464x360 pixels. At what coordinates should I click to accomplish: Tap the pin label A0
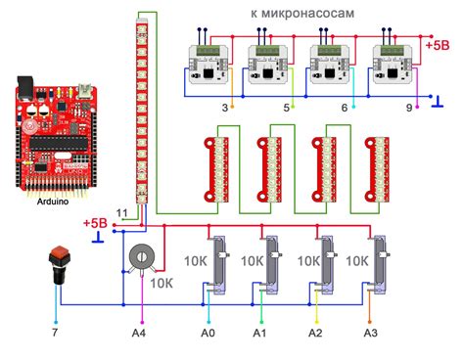tap(207, 334)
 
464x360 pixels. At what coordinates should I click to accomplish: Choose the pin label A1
tap(260, 334)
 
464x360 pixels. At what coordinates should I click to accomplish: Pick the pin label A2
tap(315, 334)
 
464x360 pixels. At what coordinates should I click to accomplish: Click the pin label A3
tap(369, 334)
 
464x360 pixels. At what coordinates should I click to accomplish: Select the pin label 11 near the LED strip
tap(120, 212)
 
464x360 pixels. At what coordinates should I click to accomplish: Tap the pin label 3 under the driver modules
tap(226, 107)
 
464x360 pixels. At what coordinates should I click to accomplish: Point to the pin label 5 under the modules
tap(287, 107)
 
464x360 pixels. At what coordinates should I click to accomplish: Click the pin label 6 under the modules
tap(344, 107)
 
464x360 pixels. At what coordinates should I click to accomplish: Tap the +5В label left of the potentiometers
tap(95, 223)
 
